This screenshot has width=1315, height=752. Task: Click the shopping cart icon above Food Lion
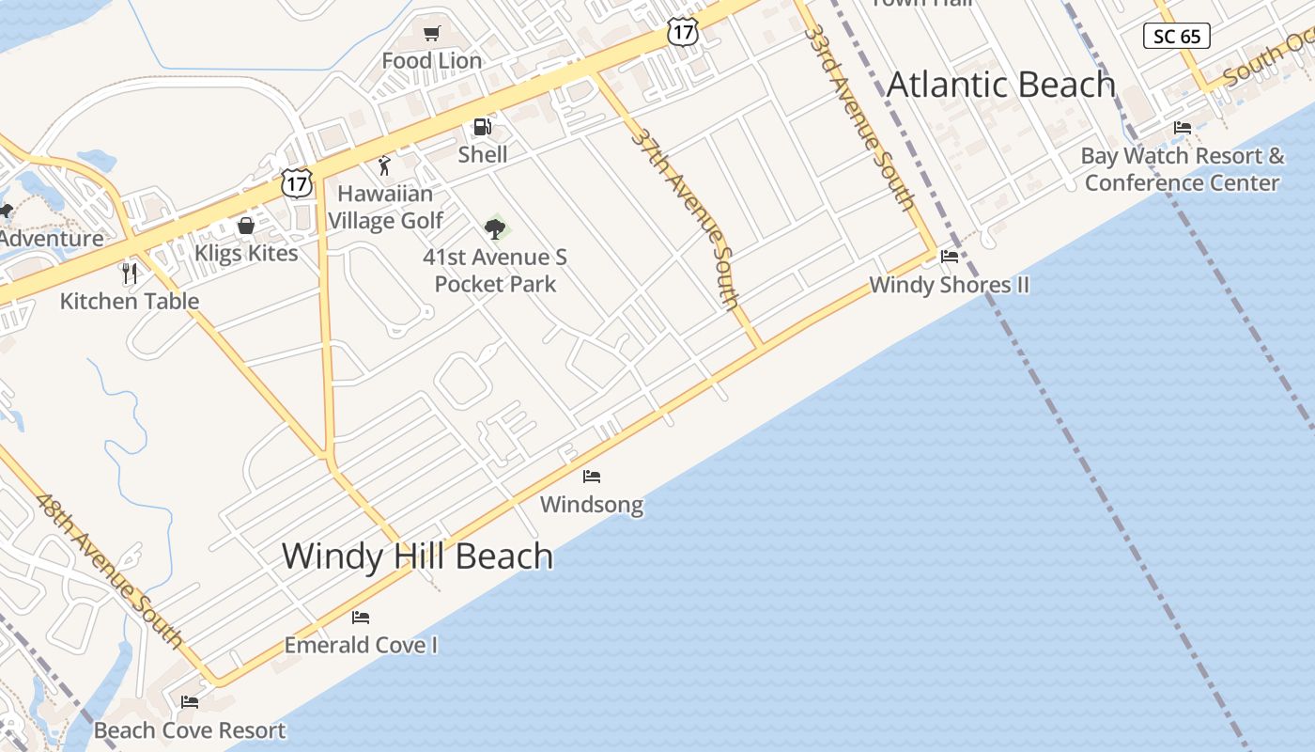point(431,35)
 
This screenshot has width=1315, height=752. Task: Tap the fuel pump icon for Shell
point(482,127)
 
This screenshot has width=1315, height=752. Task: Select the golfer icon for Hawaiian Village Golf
point(384,166)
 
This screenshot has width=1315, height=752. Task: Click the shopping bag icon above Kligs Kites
point(245,226)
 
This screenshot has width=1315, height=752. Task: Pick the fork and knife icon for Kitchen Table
point(130,274)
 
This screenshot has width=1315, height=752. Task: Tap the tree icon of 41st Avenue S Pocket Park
point(495,228)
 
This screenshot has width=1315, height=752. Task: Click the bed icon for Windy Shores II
point(950,257)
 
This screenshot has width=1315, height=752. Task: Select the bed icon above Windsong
point(592,477)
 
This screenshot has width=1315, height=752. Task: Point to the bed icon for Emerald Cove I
point(361,618)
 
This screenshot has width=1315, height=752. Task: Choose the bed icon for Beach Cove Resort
point(190,702)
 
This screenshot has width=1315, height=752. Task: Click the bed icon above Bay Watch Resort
point(1183,128)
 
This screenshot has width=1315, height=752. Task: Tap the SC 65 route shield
point(1177,37)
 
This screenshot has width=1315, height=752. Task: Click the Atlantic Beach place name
point(1001,85)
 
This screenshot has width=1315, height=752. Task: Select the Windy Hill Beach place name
point(418,556)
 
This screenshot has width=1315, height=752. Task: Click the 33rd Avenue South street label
point(860,117)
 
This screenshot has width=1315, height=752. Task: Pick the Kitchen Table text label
point(130,301)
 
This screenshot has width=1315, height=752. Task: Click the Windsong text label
point(592,505)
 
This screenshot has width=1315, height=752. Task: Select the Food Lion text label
point(432,61)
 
